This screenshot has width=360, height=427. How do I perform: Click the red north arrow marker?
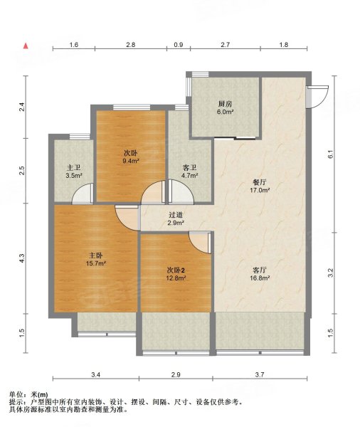[26, 46]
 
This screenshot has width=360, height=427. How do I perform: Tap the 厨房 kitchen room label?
[225, 104]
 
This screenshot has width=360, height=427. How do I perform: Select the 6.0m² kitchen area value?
[226, 112]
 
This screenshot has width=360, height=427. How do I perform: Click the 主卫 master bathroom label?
[73, 168]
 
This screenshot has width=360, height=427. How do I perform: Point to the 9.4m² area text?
[131, 161]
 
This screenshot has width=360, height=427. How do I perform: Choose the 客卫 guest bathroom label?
[189, 168]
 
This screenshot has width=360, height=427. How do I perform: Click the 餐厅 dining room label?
[260, 182]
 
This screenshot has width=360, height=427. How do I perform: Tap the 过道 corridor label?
[176, 215]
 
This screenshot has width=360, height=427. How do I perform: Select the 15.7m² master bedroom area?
[96, 263]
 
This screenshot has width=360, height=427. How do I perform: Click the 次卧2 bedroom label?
[176, 270]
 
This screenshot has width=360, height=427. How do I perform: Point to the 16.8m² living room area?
[260, 278]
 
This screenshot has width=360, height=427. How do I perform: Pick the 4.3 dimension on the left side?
[22, 258]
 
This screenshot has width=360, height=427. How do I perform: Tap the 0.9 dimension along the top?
[179, 45]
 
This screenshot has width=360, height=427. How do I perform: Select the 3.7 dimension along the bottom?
[260, 375]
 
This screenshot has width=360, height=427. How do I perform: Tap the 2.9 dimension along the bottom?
[176, 375]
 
